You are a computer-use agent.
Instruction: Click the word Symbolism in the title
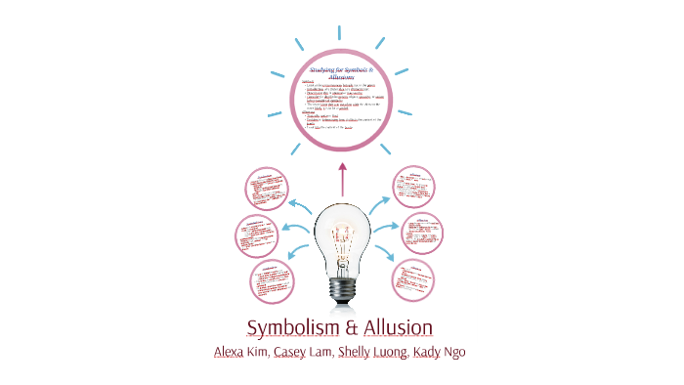pos(290,326)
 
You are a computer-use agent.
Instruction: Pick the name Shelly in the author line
pos(357,352)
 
